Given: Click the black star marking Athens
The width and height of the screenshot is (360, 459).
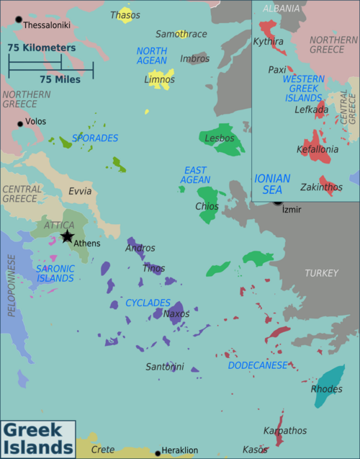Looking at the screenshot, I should (67, 236).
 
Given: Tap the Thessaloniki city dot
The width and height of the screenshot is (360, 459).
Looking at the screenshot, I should (19, 19).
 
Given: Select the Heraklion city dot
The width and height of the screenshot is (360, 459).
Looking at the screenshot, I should (157, 452).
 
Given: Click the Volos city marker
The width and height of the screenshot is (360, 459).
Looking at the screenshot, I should (20, 123).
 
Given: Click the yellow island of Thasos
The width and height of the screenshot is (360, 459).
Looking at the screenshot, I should (125, 16).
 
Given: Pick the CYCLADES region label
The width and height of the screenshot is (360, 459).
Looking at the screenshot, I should (148, 303).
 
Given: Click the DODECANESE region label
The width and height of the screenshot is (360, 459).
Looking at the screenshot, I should (258, 365).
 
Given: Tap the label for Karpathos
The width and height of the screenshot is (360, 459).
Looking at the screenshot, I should (284, 431).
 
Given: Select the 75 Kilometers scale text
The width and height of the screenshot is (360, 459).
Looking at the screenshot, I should (42, 48).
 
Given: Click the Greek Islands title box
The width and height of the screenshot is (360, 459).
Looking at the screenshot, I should (37, 440).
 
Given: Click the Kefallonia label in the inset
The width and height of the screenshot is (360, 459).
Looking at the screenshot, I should (318, 150).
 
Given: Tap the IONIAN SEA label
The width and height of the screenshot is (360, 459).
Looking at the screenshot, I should (272, 184).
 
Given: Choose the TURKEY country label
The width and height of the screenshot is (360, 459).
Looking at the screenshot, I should (320, 273).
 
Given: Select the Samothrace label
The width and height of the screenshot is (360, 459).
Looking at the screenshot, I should (181, 34).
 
